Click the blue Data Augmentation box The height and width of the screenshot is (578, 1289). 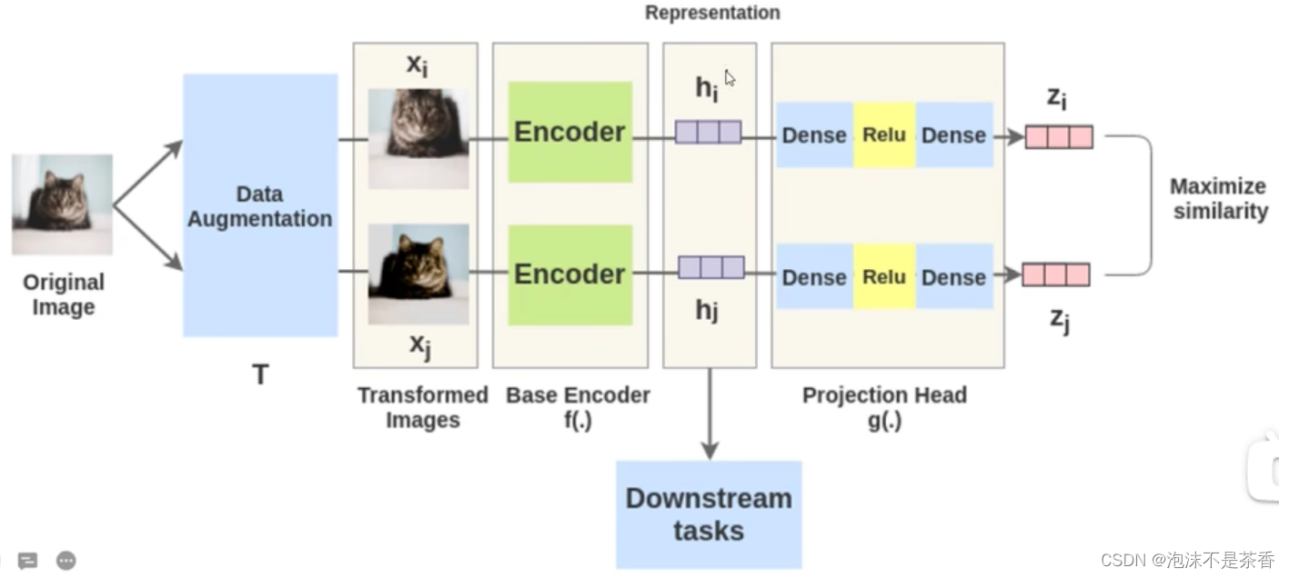coord(260,205)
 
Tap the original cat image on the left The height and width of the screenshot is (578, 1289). coord(62,204)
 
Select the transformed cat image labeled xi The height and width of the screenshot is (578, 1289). coord(418,138)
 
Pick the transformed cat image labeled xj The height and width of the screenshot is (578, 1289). coord(418,274)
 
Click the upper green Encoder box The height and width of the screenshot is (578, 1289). coord(569,132)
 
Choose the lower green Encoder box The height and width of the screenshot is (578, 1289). coord(569,274)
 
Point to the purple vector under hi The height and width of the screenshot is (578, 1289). coord(708,133)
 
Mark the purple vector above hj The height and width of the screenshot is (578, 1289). coord(710,267)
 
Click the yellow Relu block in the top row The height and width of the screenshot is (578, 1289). coord(884,135)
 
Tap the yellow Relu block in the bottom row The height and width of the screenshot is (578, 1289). coord(884,276)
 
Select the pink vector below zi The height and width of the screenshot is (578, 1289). coord(1059,137)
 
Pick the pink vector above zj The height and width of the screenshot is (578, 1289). coord(1056,274)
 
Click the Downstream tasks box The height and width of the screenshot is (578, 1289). coord(709,514)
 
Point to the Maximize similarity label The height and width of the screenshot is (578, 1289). coord(1218,199)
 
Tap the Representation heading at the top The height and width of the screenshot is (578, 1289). coord(712,13)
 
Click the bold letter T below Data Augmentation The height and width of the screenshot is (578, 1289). coord(260,374)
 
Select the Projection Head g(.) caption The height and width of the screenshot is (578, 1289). coord(884,408)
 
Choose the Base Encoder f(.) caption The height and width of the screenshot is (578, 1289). coord(578,408)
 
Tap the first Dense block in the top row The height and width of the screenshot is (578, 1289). coord(814,135)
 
